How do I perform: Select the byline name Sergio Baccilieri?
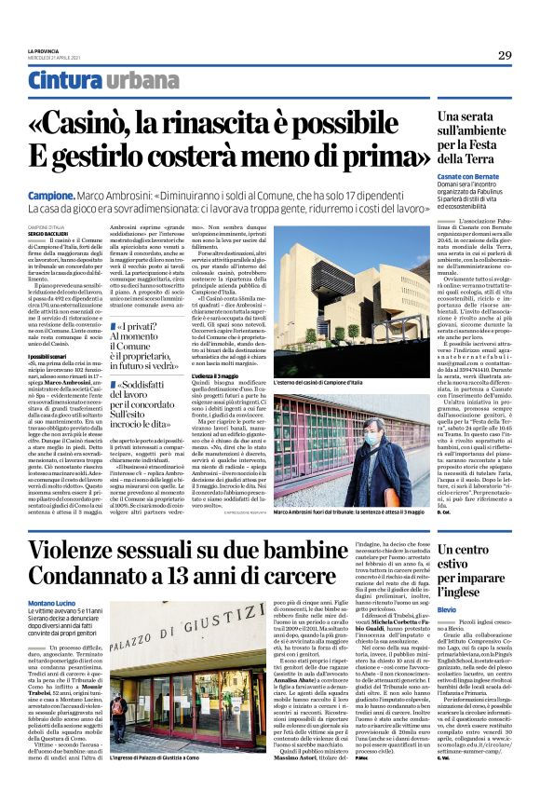point(47,232)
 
